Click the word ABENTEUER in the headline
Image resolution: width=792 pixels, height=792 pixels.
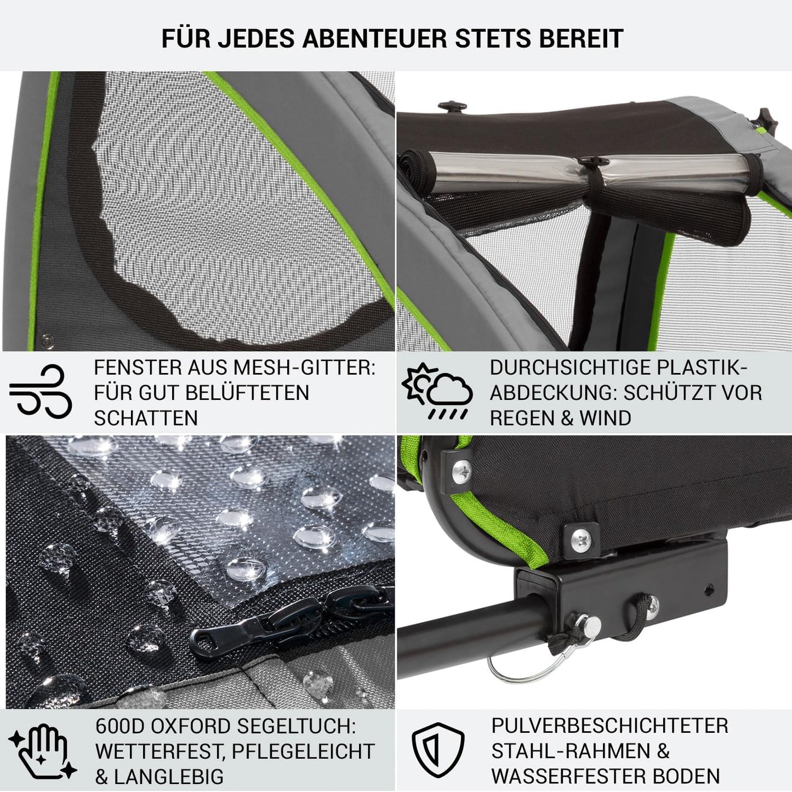[374, 38]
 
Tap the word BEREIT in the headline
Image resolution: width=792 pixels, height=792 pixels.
[581, 38]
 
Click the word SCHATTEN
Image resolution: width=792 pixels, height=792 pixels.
[146, 418]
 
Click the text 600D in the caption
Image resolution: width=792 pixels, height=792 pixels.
[119, 727]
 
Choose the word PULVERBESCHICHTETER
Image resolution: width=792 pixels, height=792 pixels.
[609, 726]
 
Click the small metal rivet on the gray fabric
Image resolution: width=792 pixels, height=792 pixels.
[47, 341]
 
